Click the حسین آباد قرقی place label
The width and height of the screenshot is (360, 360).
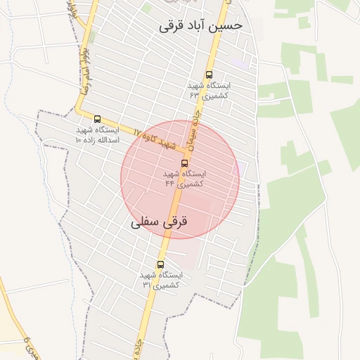pyautogui.click(x=200, y=25)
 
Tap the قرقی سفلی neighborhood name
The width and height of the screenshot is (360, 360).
pyautogui.click(x=160, y=221)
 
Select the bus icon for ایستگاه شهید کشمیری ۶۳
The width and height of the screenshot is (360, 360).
pyautogui.click(x=209, y=75)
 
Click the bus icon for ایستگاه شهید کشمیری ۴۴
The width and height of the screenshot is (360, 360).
pyautogui.click(x=184, y=162)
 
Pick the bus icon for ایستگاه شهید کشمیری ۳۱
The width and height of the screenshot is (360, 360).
pyautogui.click(x=160, y=264)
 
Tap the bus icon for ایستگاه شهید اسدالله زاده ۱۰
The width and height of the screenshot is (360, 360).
pyautogui.click(x=97, y=119)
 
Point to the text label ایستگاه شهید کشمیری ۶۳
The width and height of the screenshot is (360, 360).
pyautogui.click(x=209, y=89)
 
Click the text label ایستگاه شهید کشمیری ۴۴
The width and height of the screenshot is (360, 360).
pyautogui.click(x=184, y=178)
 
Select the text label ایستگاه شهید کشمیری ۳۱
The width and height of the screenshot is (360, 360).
pyautogui.click(x=162, y=280)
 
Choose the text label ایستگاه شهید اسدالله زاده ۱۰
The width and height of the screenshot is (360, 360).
pyautogui.click(x=98, y=135)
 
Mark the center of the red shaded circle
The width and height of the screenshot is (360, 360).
pyautogui.click(x=180, y=179)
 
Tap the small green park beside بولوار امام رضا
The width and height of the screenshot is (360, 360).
pyautogui.click(x=93, y=37)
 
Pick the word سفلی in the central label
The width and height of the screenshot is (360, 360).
pyautogui.click(x=145, y=221)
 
